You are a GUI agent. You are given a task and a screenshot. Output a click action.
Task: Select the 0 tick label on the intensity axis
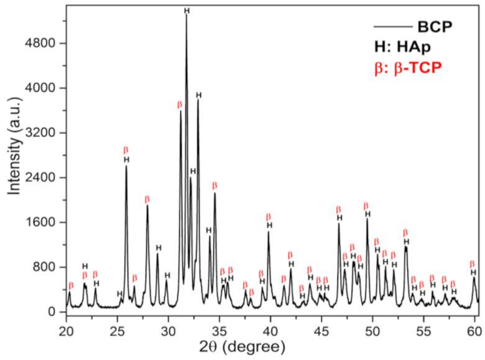click(x=52, y=312)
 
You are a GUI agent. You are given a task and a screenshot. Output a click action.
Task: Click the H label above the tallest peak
click(x=187, y=10)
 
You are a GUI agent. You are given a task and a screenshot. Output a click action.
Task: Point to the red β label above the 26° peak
click(x=125, y=149)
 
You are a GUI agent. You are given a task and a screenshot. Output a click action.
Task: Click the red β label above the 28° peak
click(x=147, y=199)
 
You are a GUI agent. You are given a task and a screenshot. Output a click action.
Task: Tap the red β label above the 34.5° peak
click(x=214, y=185)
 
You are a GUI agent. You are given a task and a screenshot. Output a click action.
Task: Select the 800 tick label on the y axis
click(x=46, y=267)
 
